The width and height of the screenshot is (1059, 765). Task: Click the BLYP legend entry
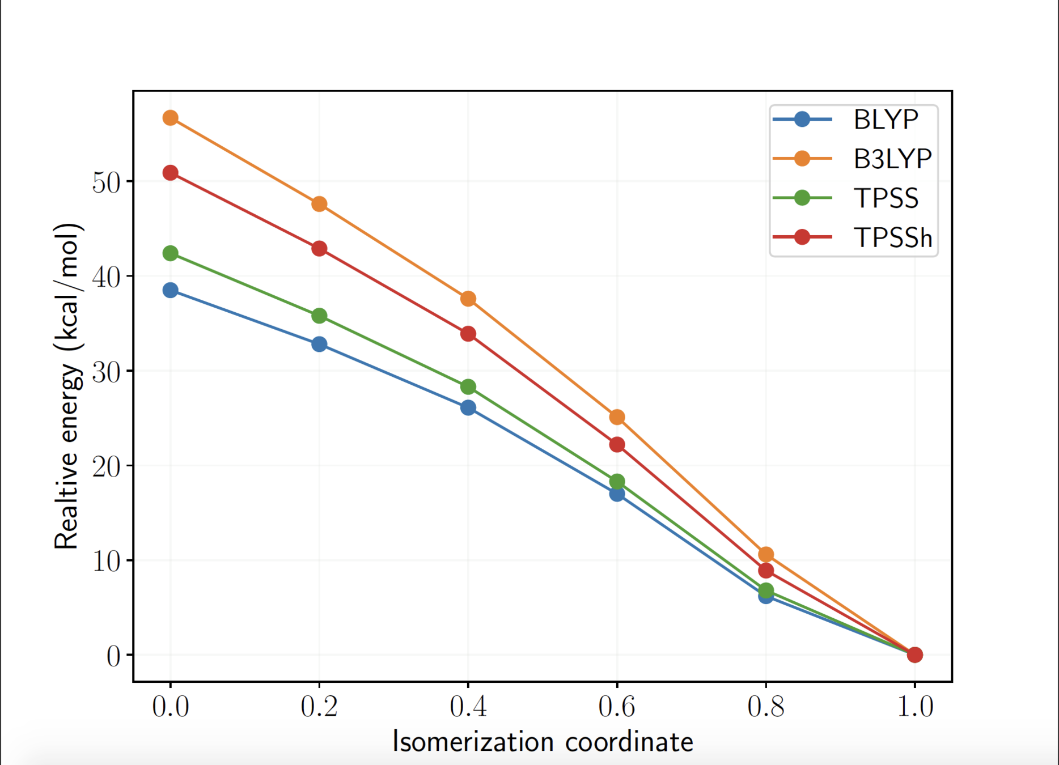click(x=885, y=120)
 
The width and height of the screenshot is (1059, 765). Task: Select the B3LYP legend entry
click(x=892, y=159)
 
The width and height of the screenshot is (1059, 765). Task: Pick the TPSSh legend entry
click(x=892, y=237)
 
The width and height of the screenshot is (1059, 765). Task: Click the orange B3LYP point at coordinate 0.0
click(x=171, y=118)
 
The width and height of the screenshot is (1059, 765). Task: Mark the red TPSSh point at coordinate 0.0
click(x=171, y=173)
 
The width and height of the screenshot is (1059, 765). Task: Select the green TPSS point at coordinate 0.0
click(x=171, y=253)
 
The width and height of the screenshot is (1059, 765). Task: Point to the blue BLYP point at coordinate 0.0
click(x=171, y=291)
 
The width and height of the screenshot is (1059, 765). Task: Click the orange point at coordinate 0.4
click(x=468, y=299)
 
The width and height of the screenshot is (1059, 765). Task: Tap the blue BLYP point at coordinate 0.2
click(x=319, y=344)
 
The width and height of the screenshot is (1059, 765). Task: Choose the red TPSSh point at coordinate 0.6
click(x=617, y=445)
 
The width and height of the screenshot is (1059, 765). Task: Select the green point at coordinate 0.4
click(x=468, y=387)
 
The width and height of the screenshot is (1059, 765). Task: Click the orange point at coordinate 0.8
click(x=766, y=554)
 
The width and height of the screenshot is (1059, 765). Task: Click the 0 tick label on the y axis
click(x=113, y=656)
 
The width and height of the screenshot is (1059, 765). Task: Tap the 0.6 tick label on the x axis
click(x=617, y=707)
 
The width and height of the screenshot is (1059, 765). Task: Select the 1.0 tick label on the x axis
click(x=914, y=707)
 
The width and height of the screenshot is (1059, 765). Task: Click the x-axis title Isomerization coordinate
click(x=543, y=742)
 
